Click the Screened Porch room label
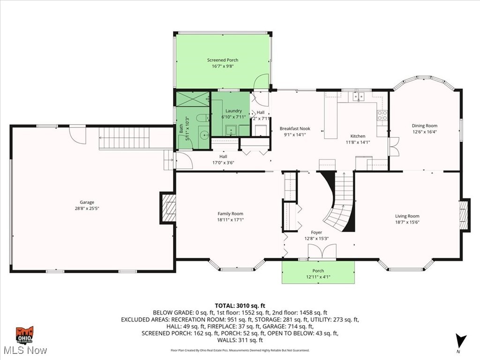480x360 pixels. tap(223, 60)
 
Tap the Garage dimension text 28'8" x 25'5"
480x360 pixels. tap(87, 209)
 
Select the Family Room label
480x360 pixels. tap(230, 214)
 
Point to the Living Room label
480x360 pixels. tap(407, 216)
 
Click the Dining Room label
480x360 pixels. tap(424, 126)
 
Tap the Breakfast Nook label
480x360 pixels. tap(295, 128)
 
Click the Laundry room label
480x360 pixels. tap(230, 110)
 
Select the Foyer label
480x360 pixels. tap(316, 232)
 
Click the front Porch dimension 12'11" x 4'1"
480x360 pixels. tap(318, 277)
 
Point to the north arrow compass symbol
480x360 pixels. tap(461, 340)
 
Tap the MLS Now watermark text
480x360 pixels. tap(24, 350)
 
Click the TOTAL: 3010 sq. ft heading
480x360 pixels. tap(240, 306)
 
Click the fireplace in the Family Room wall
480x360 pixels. tap(168, 207)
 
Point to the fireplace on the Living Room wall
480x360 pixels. tap(464, 215)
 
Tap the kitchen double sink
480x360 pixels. tap(359, 97)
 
